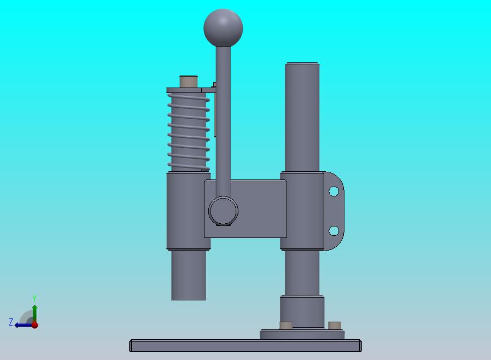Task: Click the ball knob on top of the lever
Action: click(223, 27)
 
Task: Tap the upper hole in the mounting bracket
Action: click(334, 191)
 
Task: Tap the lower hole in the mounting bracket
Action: click(334, 231)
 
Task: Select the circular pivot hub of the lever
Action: click(223, 211)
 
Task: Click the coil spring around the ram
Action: click(189, 132)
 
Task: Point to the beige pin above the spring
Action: click(189, 82)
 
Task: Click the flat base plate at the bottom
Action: click(245, 345)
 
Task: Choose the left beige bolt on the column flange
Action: click(285, 325)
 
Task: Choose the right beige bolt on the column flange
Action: click(335, 325)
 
